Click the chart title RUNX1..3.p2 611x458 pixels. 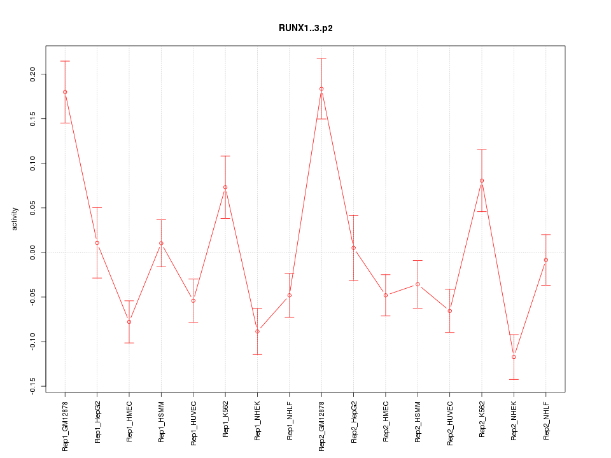click(x=305, y=28)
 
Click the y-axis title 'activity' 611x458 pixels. click(x=15, y=219)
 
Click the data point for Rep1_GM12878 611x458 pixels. click(x=65, y=92)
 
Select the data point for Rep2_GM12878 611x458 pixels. click(x=321, y=89)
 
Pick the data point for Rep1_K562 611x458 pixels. click(x=225, y=187)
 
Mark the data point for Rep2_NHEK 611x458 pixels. click(x=514, y=357)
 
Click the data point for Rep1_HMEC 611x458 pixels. click(x=129, y=322)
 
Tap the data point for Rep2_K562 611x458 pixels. click(x=482, y=181)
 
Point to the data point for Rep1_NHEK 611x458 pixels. click(x=257, y=331)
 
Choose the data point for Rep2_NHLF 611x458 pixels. click(x=546, y=260)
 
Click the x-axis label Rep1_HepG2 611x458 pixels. click(x=97, y=420)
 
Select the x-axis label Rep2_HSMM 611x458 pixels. click(x=418, y=420)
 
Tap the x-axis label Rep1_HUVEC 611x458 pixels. click(x=193, y=420)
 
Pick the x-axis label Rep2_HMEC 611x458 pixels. click(x=386, y=420)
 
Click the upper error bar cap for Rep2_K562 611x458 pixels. click(x=482, y=149)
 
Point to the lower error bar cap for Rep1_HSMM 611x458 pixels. click(x=161, y=267)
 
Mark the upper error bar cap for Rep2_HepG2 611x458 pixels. click(x=353, y=216)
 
